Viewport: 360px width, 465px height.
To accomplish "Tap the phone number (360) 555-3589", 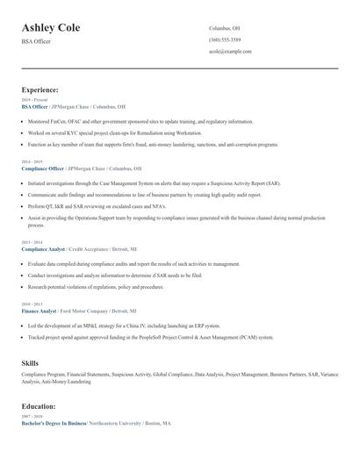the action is click(226, 39).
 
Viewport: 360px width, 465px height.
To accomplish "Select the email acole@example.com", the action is click(230, 51).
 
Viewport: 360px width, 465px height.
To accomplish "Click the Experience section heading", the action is click(40, 89).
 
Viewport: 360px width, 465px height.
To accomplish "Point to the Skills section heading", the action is click(30, 361).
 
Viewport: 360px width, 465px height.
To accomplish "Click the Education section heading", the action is click(40, 406).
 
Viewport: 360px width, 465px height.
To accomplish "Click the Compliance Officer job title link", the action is click(43, 168).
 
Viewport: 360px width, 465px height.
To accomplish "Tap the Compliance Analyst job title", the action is click(42, 249).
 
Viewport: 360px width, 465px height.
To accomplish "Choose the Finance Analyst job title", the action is click(39, 311).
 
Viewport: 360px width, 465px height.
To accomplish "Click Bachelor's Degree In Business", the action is click(54, 423).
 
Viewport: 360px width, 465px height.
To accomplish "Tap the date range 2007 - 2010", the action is click(31, 417).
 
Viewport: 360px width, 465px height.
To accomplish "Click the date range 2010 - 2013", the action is click(31, 304).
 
